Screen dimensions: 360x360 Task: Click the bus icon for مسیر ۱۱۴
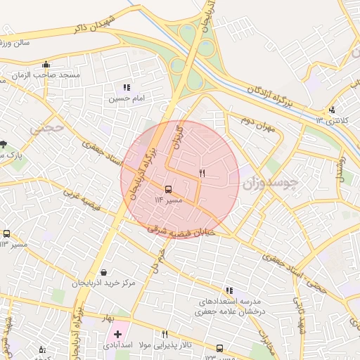coord(167,189)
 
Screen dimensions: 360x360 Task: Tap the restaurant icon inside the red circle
coord(202,173)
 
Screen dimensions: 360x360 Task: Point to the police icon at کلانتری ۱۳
coord(332,109)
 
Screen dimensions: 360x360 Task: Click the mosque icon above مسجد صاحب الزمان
coord(46,64)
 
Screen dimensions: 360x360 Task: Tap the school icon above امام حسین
coord(127,88)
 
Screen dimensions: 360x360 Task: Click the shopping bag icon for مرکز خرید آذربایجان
coord(104,272)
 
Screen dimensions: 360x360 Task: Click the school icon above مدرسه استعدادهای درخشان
coord(229,290)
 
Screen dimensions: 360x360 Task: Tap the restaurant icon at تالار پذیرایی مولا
coord(165,335)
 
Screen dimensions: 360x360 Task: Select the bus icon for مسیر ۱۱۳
coord(6,233)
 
